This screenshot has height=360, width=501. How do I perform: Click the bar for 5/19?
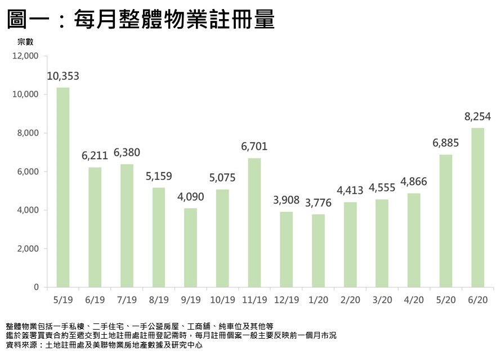click(63, 187)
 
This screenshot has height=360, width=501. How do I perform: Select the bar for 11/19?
click(254, 223)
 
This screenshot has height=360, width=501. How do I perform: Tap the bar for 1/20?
click(317, 251)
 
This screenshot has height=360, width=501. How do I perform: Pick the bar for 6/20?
click(477, 208)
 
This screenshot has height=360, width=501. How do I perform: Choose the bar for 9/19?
click(190, 247)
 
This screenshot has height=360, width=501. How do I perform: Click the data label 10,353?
click(63, 76)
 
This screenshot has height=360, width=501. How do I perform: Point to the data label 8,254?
click(477, 117)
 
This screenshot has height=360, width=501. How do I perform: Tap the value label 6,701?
click(254, 147)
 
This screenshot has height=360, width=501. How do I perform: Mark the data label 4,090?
click(190, 197)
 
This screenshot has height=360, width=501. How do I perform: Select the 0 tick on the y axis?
click(35, 287)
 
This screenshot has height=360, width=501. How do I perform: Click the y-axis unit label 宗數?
click(26, 42)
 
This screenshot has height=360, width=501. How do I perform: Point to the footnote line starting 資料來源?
click(104, 345)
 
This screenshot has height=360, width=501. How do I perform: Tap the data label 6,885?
click(445, 143)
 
